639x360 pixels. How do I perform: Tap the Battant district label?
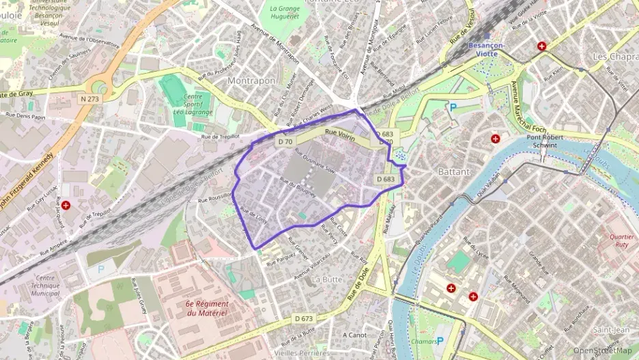point(454,171)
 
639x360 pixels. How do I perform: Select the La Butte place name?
point(326,279)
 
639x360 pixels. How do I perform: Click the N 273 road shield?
point(89,99)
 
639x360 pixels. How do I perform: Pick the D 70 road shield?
point(285,141)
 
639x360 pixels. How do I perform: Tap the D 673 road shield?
point(304,318)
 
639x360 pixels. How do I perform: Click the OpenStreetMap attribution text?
point(602,350)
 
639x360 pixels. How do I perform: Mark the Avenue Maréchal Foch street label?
point(526,107)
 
